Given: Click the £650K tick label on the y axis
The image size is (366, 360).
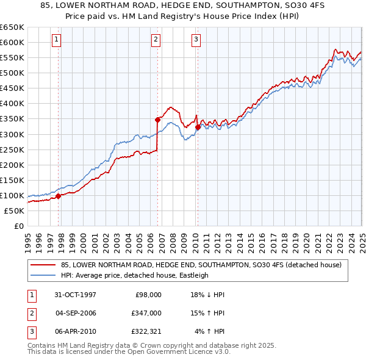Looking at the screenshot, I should pyautogui.click(x=12, y=27).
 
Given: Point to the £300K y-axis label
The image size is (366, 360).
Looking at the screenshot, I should pyautogui.click(x=12, y=134).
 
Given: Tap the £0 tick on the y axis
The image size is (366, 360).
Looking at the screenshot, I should pyautogui.click(x=19, y=226).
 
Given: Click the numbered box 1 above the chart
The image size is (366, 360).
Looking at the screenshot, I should pyautogui.click(x=56, y=40).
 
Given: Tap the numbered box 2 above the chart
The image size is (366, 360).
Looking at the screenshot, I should pyautogui.click(x=156, y=40).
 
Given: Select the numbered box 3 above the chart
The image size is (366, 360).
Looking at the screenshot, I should pyautogui.click(x=196, y=40).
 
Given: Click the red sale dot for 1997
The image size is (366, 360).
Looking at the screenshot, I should pyautogui.click(x=59, y=196).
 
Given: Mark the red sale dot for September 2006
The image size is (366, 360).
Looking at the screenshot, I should pyautogui.click(x=157, y=120).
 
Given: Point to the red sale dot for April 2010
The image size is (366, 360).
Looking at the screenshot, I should pyautogui.click(x=198, y=127).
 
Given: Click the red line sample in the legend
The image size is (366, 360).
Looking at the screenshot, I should pyautogui.click(x=43, y=265).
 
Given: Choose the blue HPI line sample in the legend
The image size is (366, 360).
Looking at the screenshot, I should pyautogui.click(x=43, y=275).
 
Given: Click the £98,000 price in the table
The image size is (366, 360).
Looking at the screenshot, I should pyautogui.click(x=148, y=295).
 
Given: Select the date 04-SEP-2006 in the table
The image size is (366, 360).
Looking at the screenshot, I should pyautogui.click(x=76, y=313).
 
